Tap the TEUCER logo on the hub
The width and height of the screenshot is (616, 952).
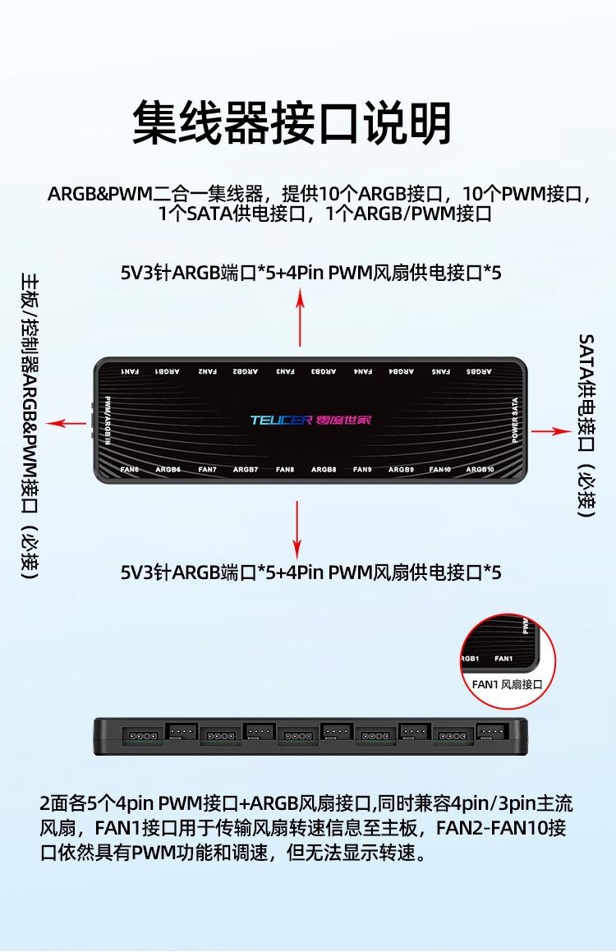281,421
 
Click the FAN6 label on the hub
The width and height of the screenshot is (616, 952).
130,470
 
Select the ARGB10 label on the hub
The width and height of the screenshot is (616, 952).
480,470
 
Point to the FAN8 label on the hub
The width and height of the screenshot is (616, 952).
285,470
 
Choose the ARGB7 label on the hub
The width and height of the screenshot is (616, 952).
246,470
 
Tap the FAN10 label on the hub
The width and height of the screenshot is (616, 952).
440,470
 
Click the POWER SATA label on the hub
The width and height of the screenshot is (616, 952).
515,421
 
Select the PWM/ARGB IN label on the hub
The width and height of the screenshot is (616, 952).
108,421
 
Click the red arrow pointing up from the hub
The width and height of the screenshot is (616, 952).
301,316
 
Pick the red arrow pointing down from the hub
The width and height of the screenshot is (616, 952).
297,530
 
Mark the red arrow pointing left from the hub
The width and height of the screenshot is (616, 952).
66,423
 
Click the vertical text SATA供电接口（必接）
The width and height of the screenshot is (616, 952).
586,425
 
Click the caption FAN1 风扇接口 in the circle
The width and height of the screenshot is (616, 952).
508,683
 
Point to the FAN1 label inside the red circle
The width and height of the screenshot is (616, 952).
503,658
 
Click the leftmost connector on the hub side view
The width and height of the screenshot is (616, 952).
140,734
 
